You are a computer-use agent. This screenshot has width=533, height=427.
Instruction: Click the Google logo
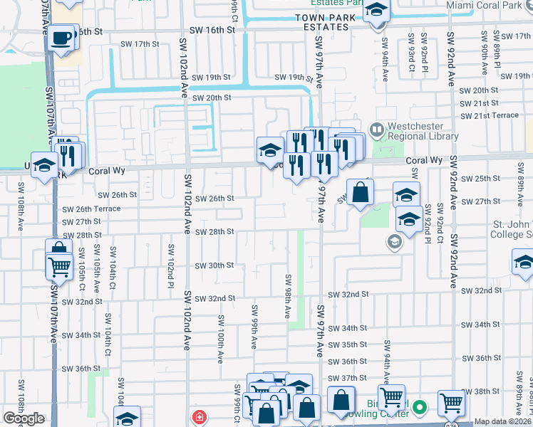click(24, 418)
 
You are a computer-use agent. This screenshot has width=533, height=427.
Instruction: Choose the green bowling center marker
click(420, 408)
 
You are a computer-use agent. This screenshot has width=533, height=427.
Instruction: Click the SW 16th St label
click(212, 30)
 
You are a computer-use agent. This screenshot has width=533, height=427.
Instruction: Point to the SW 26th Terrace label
click(91, 209)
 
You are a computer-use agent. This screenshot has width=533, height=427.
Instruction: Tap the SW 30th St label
click(215, 265)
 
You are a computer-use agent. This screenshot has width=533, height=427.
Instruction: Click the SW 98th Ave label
click(288, 296)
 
